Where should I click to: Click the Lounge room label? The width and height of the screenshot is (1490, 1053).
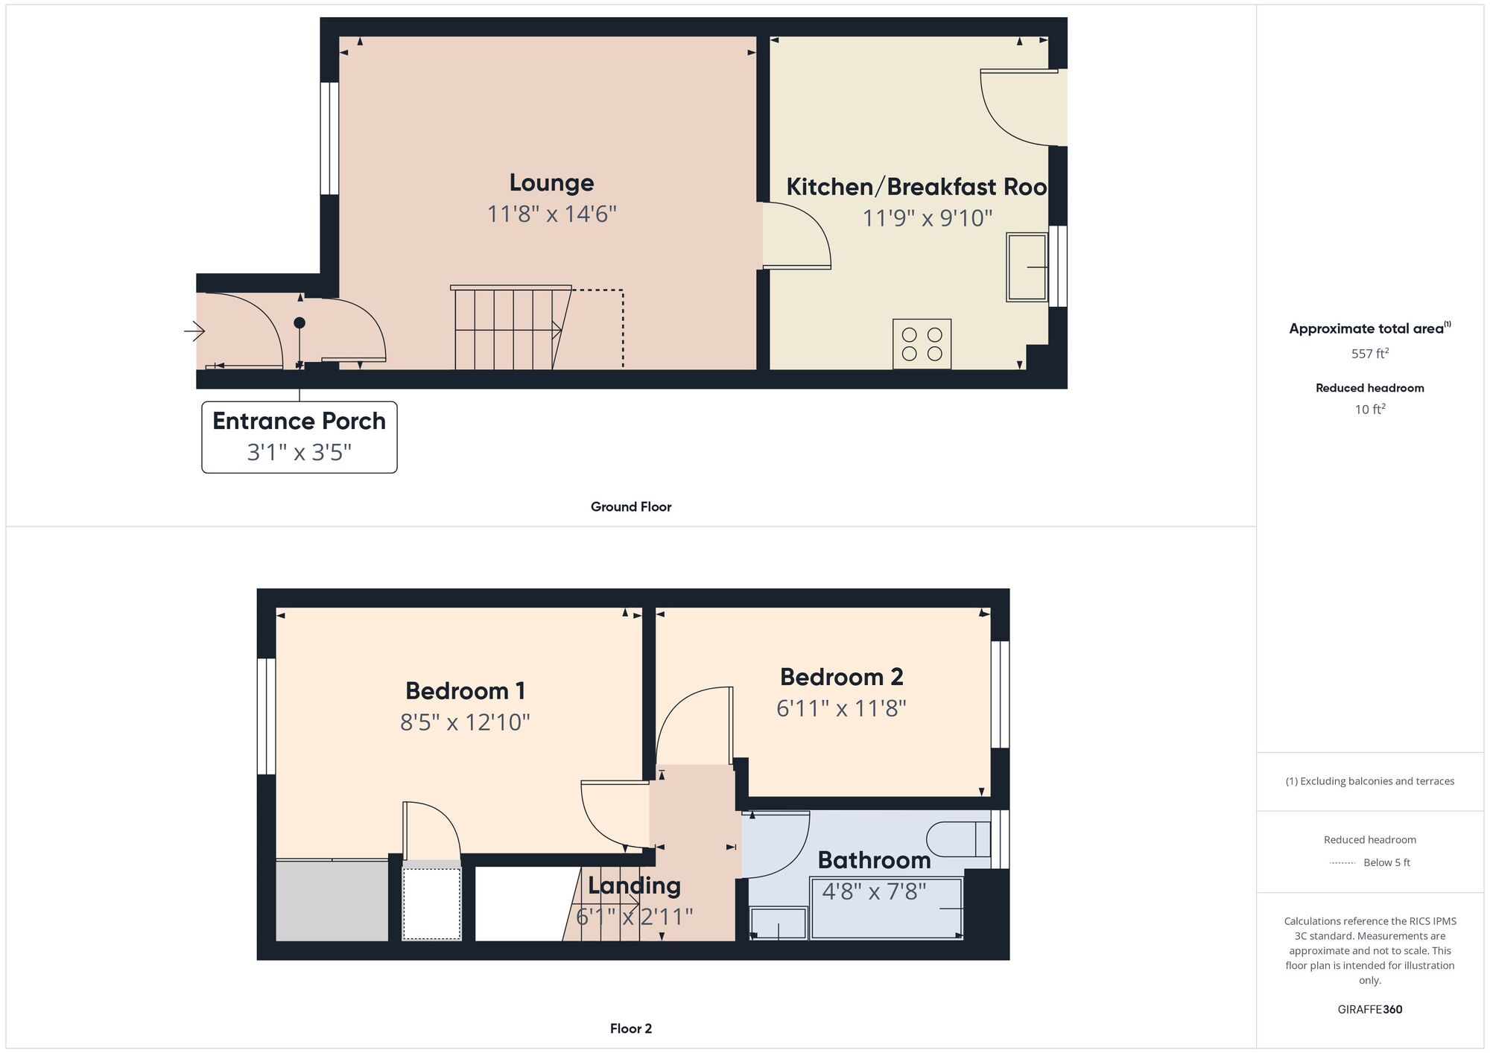(551, 182)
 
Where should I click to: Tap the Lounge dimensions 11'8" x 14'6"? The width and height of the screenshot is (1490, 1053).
(551, 214)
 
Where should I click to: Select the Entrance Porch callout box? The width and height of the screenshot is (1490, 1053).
(299, 436)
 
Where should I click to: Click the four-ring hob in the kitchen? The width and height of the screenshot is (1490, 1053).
(922, 344)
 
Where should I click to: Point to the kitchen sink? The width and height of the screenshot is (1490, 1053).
(1027, 267)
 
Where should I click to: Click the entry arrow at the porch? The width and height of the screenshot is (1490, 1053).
(194, 331)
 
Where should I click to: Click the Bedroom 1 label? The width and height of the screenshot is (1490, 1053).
(465, 691)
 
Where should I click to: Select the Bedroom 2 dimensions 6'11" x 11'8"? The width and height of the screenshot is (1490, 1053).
(841, 708)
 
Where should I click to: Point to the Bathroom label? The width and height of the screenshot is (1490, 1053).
(874, 860)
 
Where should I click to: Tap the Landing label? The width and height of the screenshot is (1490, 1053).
(634, 885)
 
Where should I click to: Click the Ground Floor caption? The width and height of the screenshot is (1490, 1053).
(630, 507)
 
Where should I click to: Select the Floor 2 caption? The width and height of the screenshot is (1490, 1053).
(630, 1029)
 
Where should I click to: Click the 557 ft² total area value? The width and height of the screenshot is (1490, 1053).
(1369, 354)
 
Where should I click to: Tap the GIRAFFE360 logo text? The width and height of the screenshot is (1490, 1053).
(1369, 1010)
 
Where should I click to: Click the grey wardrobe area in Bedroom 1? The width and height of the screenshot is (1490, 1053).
(332, 901)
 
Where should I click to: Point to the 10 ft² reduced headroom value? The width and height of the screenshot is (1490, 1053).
(1369, 410)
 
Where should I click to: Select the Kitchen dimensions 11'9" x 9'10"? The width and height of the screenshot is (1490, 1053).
(927, 218)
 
